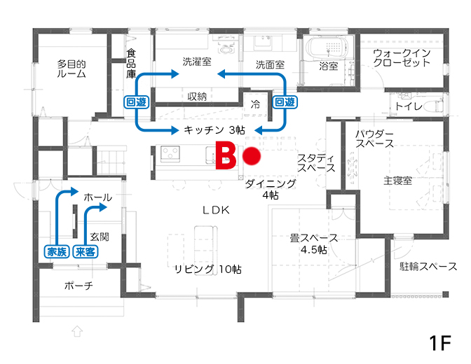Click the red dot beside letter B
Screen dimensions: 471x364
click(x=252, y=156)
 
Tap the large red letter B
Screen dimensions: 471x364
click(x=226, y=156)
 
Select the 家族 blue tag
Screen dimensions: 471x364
click(x=57, y=251)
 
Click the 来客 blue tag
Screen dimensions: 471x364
click(x=86, y=251)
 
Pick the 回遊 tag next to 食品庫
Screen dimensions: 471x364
click(x=137, y=102)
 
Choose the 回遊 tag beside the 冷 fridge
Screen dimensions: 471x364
click(x=285, y=102)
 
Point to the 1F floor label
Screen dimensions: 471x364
click(x=440, y=343)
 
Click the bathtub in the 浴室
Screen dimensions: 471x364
click(x=328, y=48)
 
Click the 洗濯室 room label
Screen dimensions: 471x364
click(x=197, y=62)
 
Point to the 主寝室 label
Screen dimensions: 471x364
click(x=397, y=181)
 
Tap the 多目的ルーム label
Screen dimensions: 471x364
click(x=71, y=69)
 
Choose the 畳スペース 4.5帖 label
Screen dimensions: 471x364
click(x=314, y=244)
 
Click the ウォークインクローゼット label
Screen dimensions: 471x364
click(x=402, y=57)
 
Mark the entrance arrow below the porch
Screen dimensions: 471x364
click(x=77, y=331)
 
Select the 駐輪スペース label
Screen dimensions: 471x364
click(x=428, y=267)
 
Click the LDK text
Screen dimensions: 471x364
click(x=217, y=210)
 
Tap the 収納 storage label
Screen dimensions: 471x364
click(x=197, y=97)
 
